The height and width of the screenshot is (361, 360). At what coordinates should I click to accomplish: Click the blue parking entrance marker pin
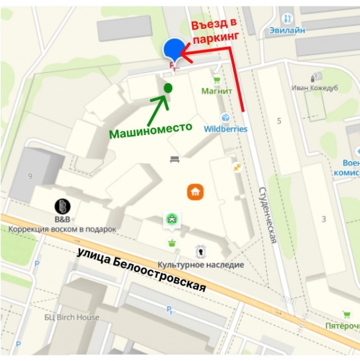click(173, 50)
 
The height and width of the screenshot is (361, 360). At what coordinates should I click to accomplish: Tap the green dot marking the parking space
click(167, 87)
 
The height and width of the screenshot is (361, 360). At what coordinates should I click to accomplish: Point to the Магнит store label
click(216, 92)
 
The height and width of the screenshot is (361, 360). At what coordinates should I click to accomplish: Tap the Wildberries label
click(225, 129)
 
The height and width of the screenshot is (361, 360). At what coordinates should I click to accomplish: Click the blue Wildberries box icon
click(225, 118)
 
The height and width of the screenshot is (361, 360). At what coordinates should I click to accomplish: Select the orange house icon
click(194, 191)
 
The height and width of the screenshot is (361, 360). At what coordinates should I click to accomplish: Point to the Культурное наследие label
click(201, 265)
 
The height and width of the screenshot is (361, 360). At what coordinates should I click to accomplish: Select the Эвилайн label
click(287, 30)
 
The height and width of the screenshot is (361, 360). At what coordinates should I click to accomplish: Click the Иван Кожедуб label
click(316, 87)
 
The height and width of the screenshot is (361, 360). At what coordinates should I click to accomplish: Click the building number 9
click(30, 175)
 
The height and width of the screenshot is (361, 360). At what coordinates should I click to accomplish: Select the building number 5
click(278, 120)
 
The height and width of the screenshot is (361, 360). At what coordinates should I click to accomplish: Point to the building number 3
click(323, 219)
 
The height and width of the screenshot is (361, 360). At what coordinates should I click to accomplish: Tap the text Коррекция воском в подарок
click(62, 229)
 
